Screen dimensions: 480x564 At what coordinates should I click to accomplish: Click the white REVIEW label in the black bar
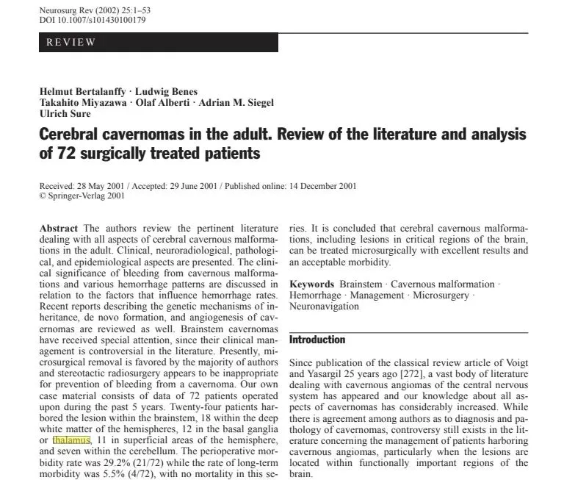70,42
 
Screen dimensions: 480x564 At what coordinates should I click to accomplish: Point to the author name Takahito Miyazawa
82,103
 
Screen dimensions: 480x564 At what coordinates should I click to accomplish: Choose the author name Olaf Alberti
164,103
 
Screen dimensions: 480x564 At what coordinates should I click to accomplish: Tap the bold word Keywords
312,284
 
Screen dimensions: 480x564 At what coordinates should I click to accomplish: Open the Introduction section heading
317,340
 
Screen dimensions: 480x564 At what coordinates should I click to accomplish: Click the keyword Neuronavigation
325,307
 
